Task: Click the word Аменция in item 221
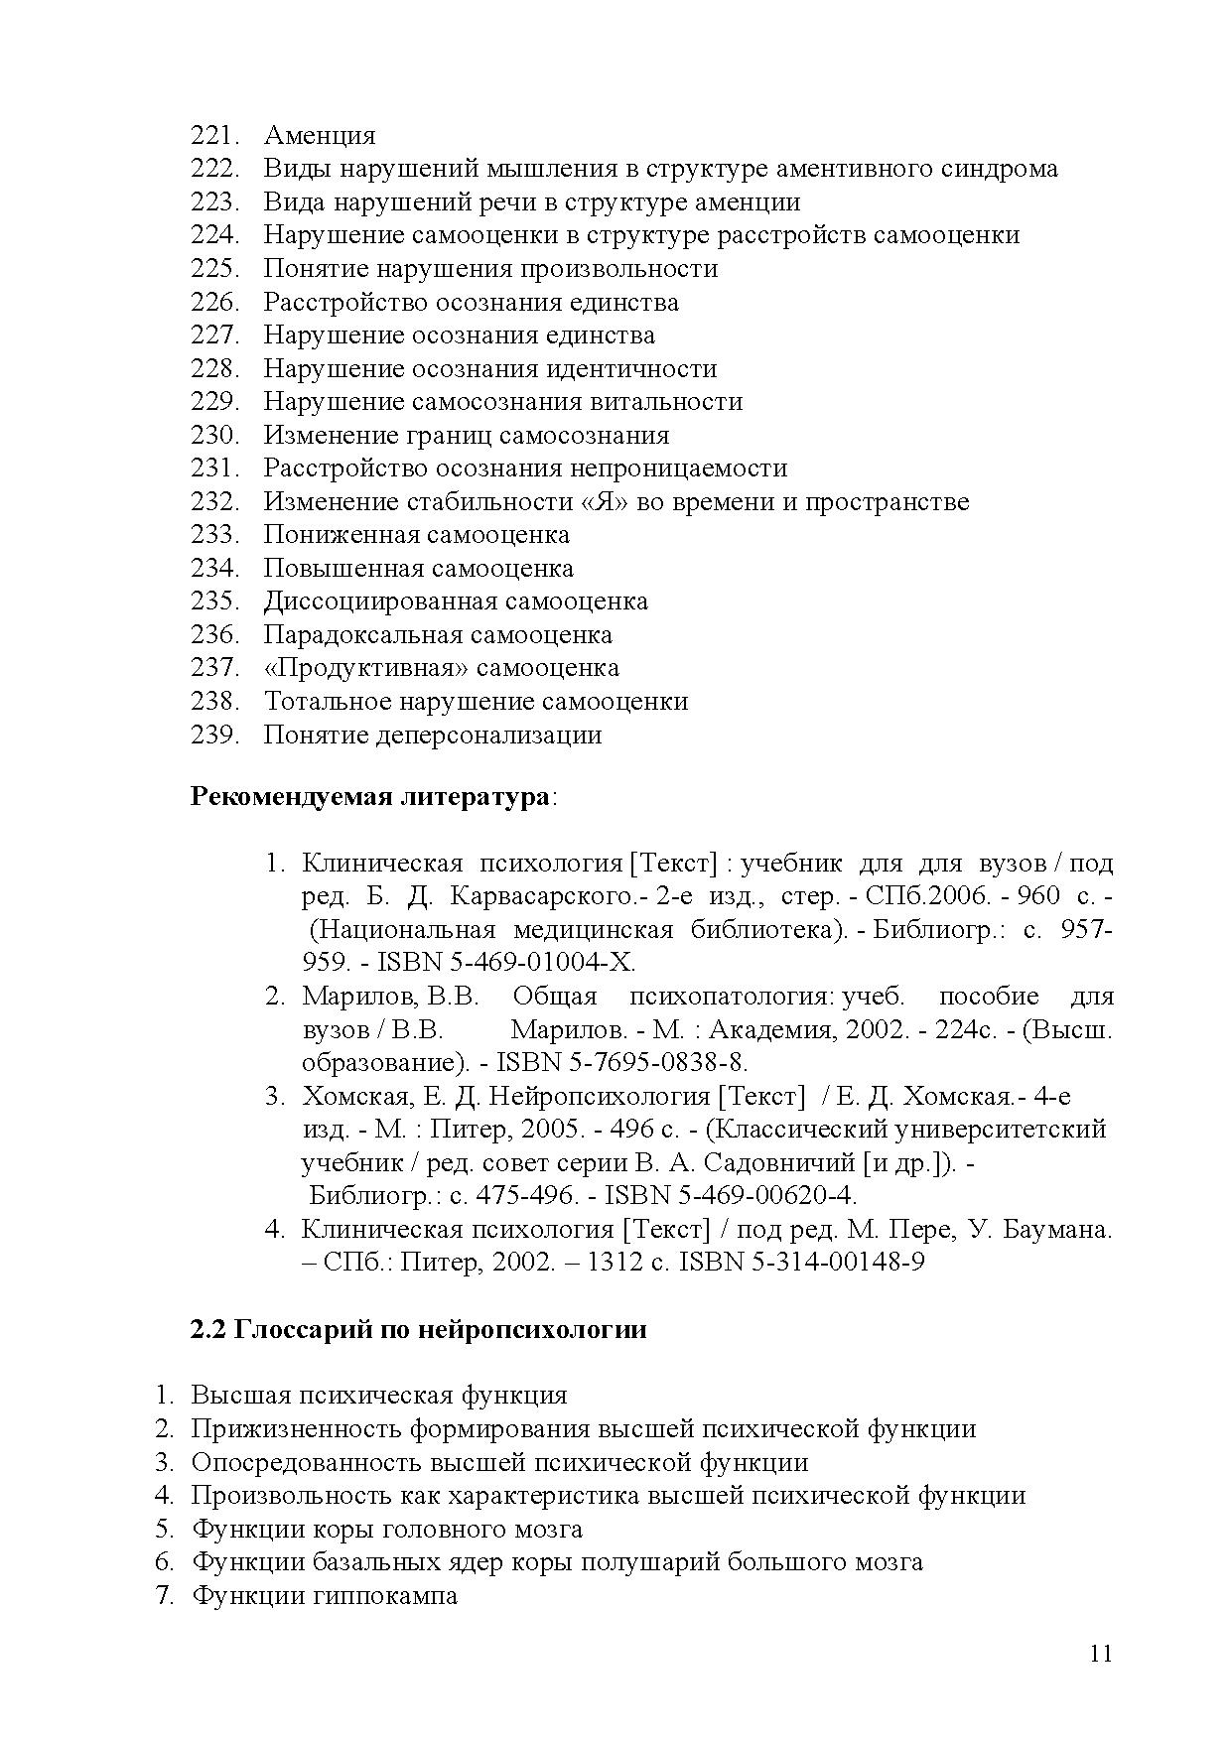320,136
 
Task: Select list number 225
214,269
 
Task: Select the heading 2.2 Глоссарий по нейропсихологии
418,1330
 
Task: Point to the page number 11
1100,1654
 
